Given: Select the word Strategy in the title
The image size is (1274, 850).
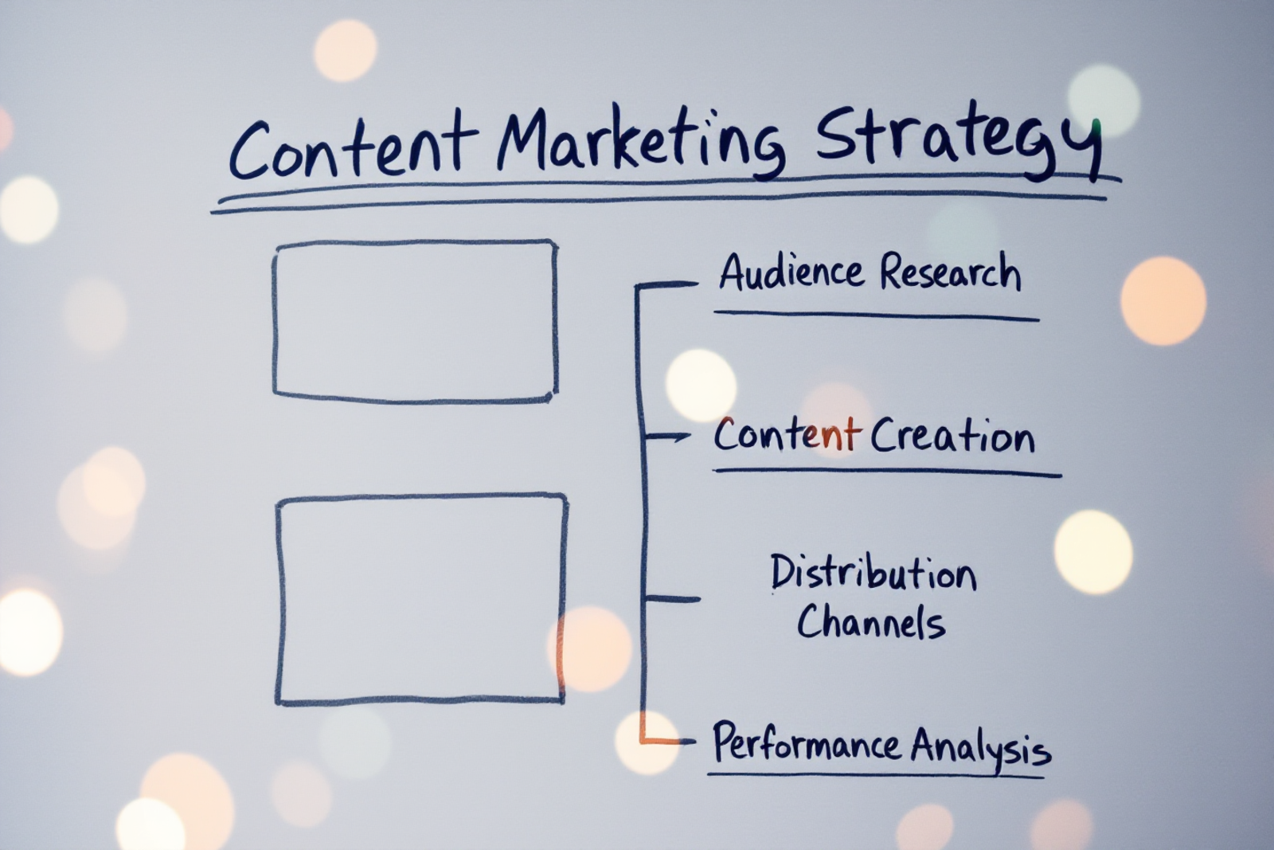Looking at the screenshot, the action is click(x=959, y=146).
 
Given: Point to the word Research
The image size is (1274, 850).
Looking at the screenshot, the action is click(x=951, y=272).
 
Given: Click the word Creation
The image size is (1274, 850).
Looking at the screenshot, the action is click(x=952, y=437).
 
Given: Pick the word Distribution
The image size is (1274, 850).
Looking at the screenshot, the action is click(x=873, y=572).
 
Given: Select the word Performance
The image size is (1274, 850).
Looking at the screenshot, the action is click(x=807, y=742).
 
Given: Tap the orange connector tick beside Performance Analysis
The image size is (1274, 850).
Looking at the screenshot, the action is click(x=666, y=741).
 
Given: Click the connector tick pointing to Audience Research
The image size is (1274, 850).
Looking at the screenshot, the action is click(x=666, y=284).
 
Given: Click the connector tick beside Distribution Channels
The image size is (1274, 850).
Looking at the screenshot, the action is click(x=671, y=599).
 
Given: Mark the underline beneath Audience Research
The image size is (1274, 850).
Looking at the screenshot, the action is click(x=877, y=315).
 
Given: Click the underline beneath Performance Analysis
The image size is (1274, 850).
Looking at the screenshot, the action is click(x=876, y=775).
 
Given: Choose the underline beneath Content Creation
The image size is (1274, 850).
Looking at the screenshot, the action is click(x=887, y=472).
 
